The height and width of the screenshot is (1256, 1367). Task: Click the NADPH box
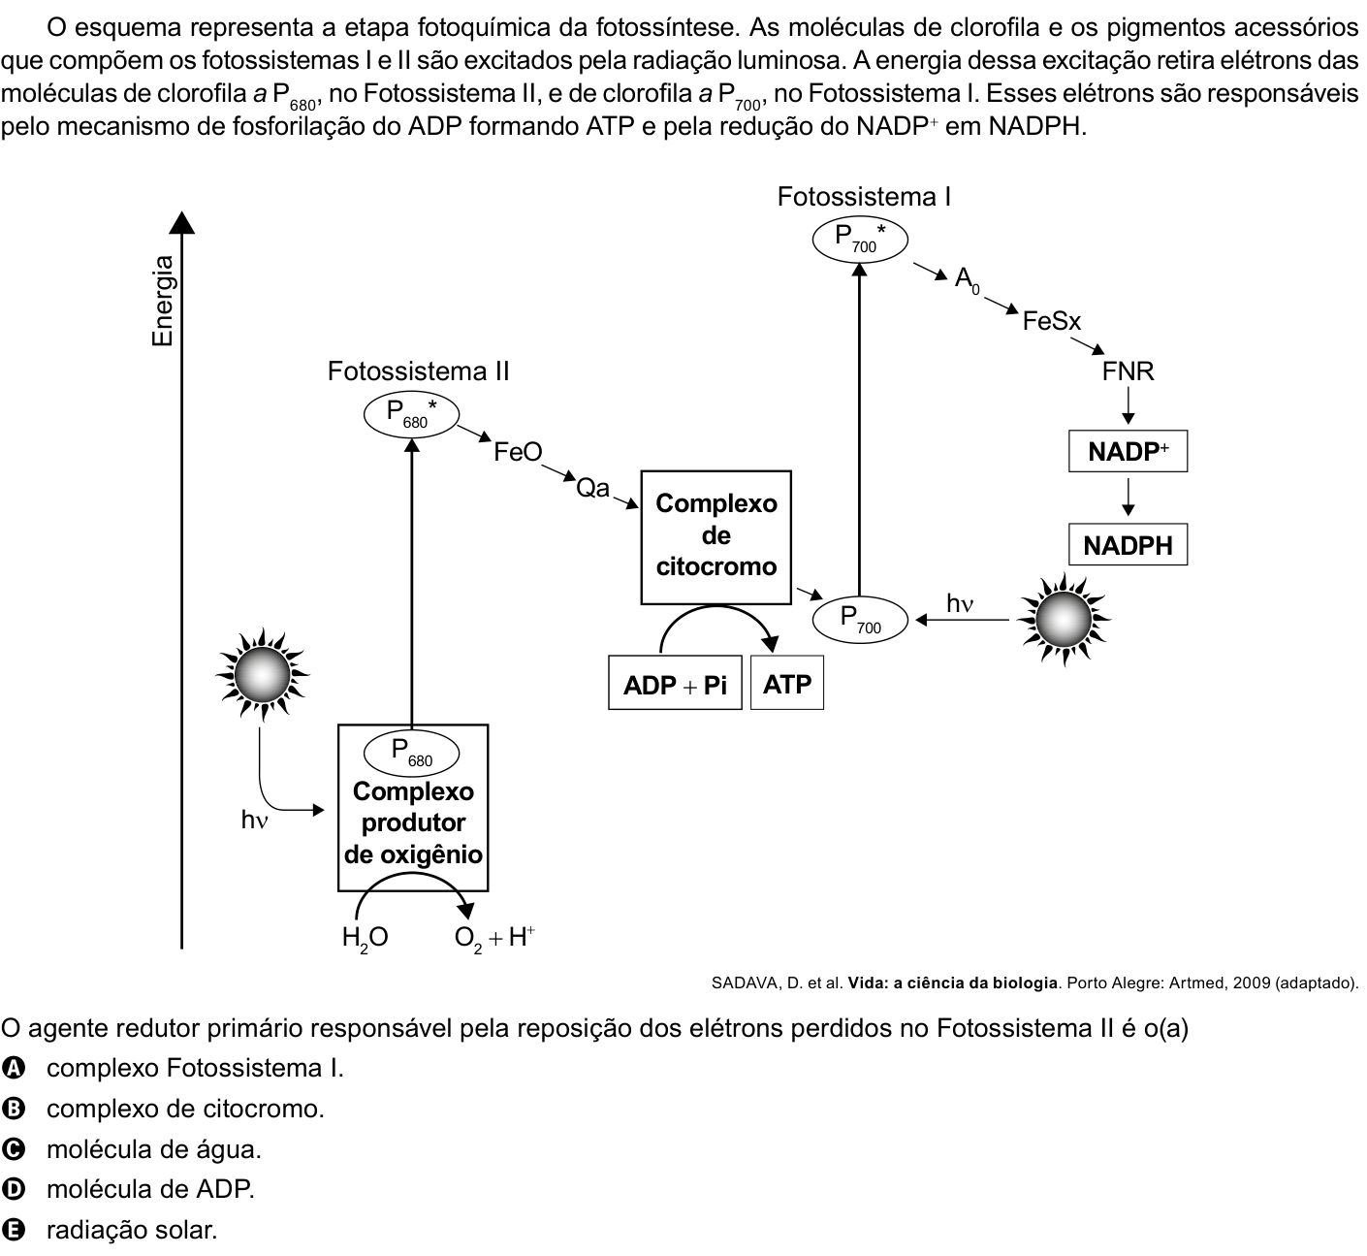pos(1128,544)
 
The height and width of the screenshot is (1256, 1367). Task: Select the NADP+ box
pos(1128,451)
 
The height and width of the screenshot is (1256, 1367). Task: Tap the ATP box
pos(787,683)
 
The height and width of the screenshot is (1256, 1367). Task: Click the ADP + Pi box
pos(675,683)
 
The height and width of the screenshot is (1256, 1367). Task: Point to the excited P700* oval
pos(860,240)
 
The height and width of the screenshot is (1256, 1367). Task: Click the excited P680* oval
pos(412,414)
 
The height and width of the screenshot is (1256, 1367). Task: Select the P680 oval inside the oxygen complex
pos(412,753)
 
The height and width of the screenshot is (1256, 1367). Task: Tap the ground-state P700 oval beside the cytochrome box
pos(860,620)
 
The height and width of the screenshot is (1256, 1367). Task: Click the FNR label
pos(1128,371)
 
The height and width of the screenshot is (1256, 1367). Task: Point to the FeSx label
pos(1052,321)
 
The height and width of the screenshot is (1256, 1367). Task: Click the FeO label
pos(518,452)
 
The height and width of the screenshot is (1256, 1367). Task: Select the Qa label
pos(593,488)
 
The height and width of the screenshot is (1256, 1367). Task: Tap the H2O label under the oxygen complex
pos(366,938)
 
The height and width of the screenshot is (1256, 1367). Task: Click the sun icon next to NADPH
pos(1064,620)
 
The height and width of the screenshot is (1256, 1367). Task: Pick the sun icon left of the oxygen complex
pos(263,674)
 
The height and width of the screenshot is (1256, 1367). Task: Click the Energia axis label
pos(163,301)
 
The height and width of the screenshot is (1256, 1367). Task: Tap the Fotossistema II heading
pos(419,371)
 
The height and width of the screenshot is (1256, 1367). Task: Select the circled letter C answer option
pos(14,1149)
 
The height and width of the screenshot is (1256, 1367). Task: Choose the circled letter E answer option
pos(14,1230)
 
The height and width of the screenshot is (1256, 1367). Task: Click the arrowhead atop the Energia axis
pos(181,222)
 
